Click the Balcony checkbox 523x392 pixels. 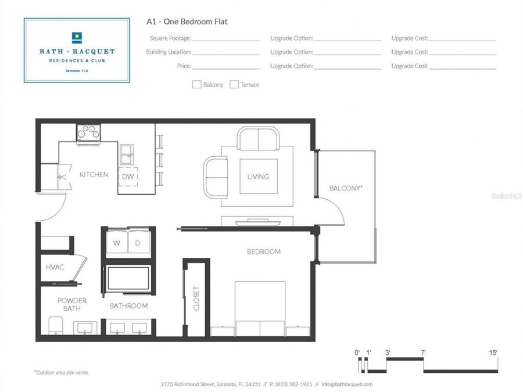pos(196,85)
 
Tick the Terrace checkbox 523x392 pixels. pos(234,85)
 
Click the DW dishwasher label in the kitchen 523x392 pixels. pos(128,177)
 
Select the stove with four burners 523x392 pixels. pos(88,134)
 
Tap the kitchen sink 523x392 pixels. pos(127,154)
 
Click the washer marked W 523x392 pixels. pos(116,243)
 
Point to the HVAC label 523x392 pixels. pos(55,267)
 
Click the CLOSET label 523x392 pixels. pos(196,299)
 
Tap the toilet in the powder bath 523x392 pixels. pos(56,325)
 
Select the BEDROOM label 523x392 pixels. pos(263,251)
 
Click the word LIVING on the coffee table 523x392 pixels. pos(258,177)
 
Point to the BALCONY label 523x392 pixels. pos(346,188)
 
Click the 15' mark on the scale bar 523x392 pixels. pos(493,353)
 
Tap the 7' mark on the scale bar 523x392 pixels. pos(423,353)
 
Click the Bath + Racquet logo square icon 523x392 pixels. pos(77,38)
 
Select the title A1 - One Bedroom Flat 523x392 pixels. pos(187,21)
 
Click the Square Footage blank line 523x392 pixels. pos(226,41)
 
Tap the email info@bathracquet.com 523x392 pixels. pos(347,384)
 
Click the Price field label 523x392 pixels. pos(184,66)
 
